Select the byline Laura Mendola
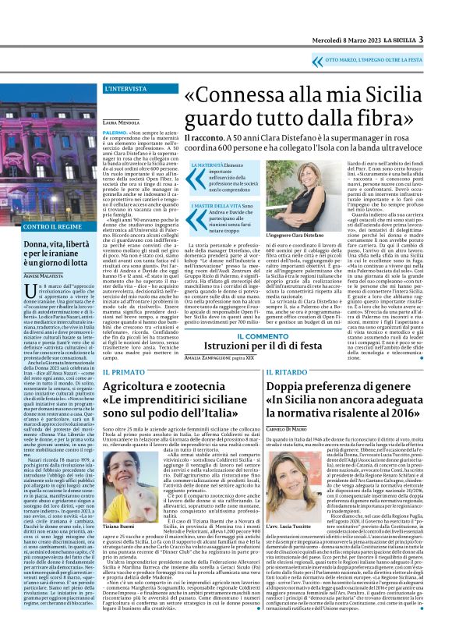120,122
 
